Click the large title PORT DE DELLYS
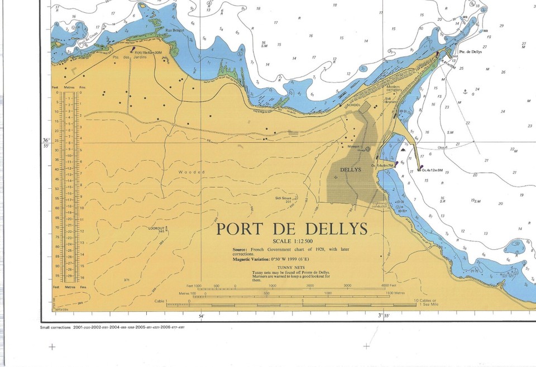point(292,230)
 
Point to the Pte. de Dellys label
point(470,51)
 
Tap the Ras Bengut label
point(174,31)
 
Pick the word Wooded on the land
point(192,172)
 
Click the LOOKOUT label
point(156,228)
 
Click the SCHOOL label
point(353,105)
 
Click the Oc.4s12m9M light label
point(432,170)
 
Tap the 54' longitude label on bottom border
point(202,316)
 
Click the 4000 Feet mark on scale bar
point(381,285)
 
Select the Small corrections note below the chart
point(112,327)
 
